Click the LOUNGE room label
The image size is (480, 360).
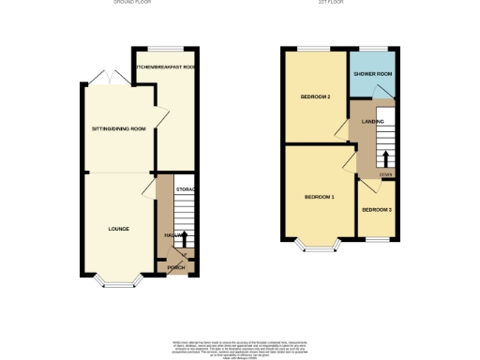tap(118, 229)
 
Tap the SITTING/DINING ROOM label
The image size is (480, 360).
tap(118, 128)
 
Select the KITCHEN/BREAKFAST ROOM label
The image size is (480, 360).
tap(164, 67)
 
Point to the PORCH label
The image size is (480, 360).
tap(175, 268)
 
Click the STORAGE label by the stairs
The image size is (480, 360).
tap(185, 190)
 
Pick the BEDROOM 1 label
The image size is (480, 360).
tap(319, 197)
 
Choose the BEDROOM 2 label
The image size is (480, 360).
tap(314, 97)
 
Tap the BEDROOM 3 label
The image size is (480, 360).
tap(377, 209)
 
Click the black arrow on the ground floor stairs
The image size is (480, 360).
tap(184, 238)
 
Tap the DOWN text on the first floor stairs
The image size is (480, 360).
tap(384, 174)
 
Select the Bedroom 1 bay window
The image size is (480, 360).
tap(319, 249)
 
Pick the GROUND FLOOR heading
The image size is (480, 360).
tap(132, 3)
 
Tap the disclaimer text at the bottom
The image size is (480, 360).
tap(239, 346)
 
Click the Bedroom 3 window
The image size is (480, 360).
tap(377, 239)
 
